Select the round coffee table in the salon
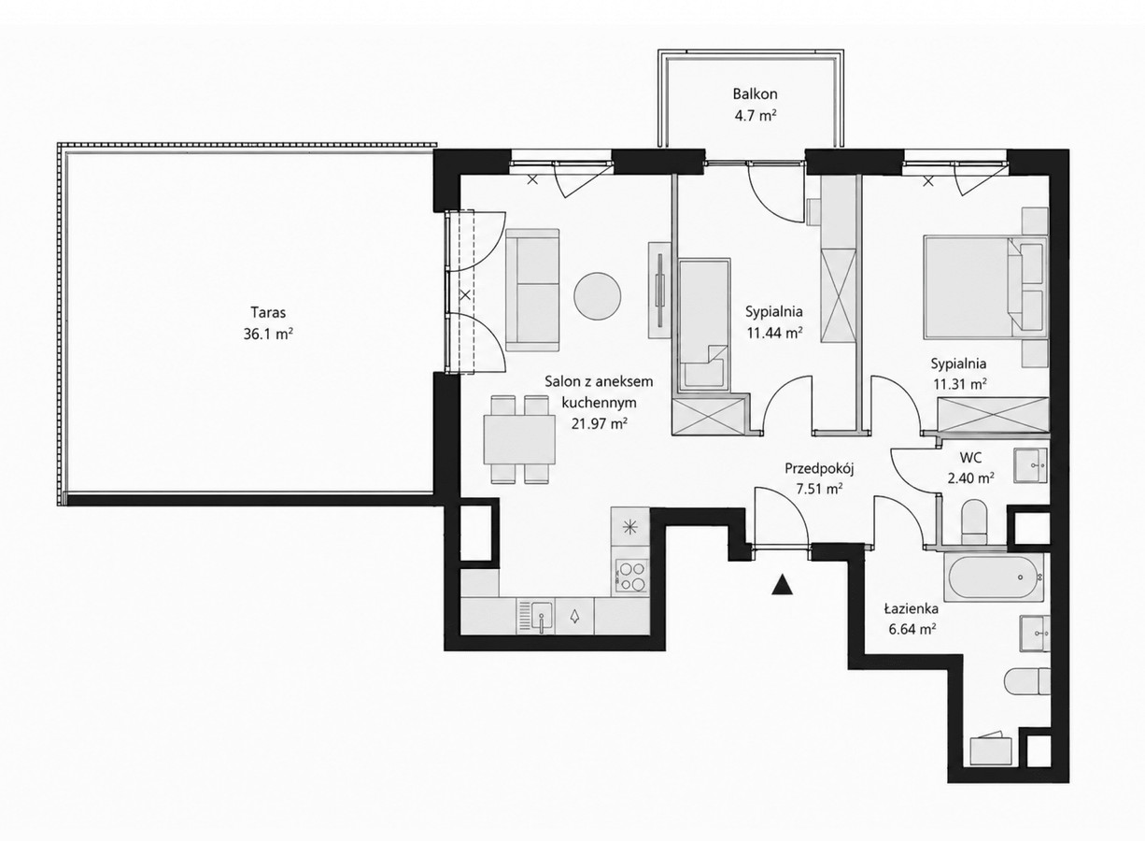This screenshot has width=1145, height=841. [x=598, y=296]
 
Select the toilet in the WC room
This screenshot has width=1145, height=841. [x=974, y=521]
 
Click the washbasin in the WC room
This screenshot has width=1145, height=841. [x=1030, y=465]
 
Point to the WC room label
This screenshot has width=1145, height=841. [x=970, y=457]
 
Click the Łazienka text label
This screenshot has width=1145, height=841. [x=912, y=608]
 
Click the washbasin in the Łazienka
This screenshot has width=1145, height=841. [x=1035, y=634]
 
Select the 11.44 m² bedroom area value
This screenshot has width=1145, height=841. [x=774, y=334]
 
